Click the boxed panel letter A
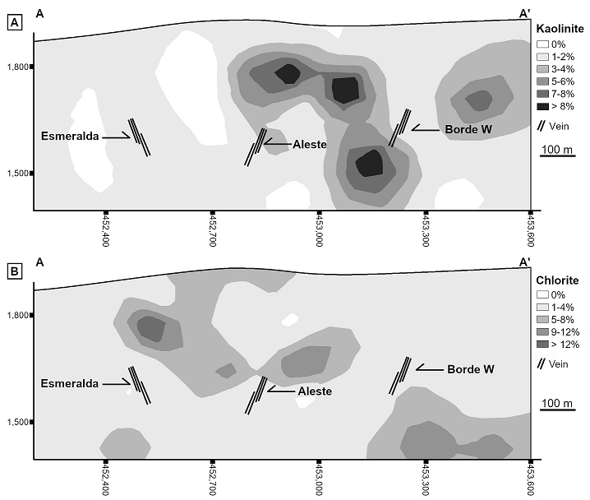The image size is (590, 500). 13,24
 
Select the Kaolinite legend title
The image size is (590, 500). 560,28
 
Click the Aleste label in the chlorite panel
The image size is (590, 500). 315,391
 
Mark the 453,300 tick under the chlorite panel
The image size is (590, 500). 426,479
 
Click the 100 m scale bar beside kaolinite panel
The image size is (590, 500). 556,155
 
